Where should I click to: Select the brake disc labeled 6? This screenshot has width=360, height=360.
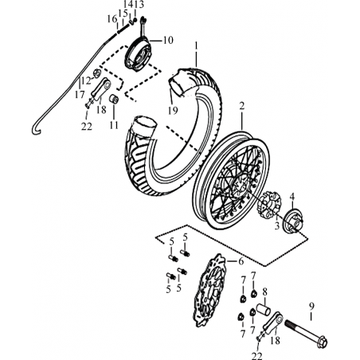[x=209, y=290]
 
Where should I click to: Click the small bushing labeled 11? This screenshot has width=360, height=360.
[x=114, y=99]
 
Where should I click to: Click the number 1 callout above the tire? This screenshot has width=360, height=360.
[x=196, y=45]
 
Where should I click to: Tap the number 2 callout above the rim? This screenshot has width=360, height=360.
[x=241, y=106]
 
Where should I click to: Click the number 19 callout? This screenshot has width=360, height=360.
[x=173, y=110]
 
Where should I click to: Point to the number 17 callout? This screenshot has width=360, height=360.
[x=80, y=94]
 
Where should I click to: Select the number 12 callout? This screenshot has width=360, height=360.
[x=86, y=81]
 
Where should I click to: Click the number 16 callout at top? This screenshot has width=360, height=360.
[x=112, y=19]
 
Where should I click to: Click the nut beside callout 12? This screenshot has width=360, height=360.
[x=96, y=73]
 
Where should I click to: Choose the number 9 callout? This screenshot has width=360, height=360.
[x=311, y=306]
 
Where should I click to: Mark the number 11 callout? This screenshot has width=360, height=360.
[x=114, y=125]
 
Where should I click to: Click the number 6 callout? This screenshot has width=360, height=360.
[x=241, y=261]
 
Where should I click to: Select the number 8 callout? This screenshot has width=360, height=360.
[x=264, y=292]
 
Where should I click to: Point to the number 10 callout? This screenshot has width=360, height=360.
[x=168, y=41]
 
